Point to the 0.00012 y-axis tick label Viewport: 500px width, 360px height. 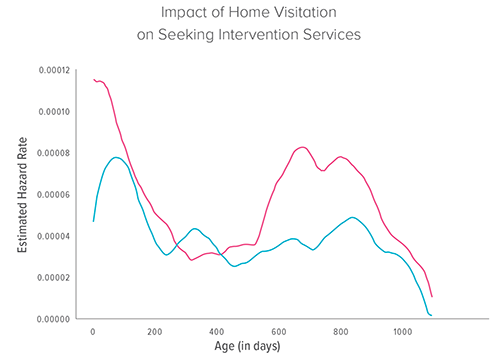[63, 70]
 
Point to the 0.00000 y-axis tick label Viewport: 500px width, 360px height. [63, 319]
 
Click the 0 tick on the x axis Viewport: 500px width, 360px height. [93, 331]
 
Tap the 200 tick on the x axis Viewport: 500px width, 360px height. [155, 331]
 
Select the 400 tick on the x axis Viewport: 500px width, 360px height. [217, 331]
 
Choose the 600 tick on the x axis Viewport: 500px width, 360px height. [279, 331]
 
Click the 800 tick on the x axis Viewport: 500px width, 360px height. [341, 331]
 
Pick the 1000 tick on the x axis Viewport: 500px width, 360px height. [403, 331]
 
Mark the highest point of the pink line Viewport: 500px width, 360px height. [94, 79]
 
